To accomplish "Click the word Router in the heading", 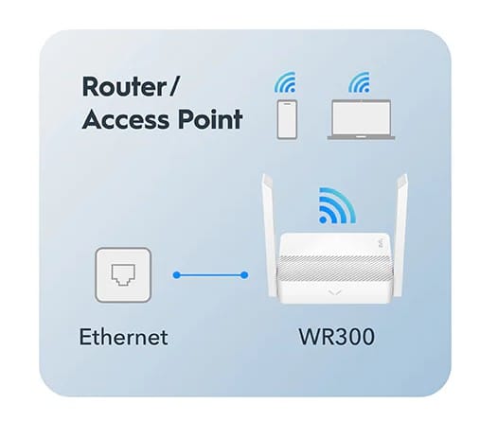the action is tap(124, 86).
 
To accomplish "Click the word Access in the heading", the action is tap(126, 119).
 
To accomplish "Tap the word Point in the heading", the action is tap(210, 119).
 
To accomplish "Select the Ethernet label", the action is tap(123, 337).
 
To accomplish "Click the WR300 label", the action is tap(337, 337).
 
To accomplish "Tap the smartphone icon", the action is tap(287, 119).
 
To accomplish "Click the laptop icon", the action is tap(361, 119).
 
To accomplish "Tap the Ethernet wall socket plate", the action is tap(123, 274).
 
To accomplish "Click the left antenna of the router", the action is tap(268, 235).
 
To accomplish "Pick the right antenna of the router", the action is tap(401, 235).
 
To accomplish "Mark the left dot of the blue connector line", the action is tap(177, 275).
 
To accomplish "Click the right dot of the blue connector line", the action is tap(244, 275).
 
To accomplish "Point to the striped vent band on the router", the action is tap(334, 268).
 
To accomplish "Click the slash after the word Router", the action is tap(173, 86).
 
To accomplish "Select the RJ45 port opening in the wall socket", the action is tap(123, 274).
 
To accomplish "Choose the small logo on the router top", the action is tap(382, 244).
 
